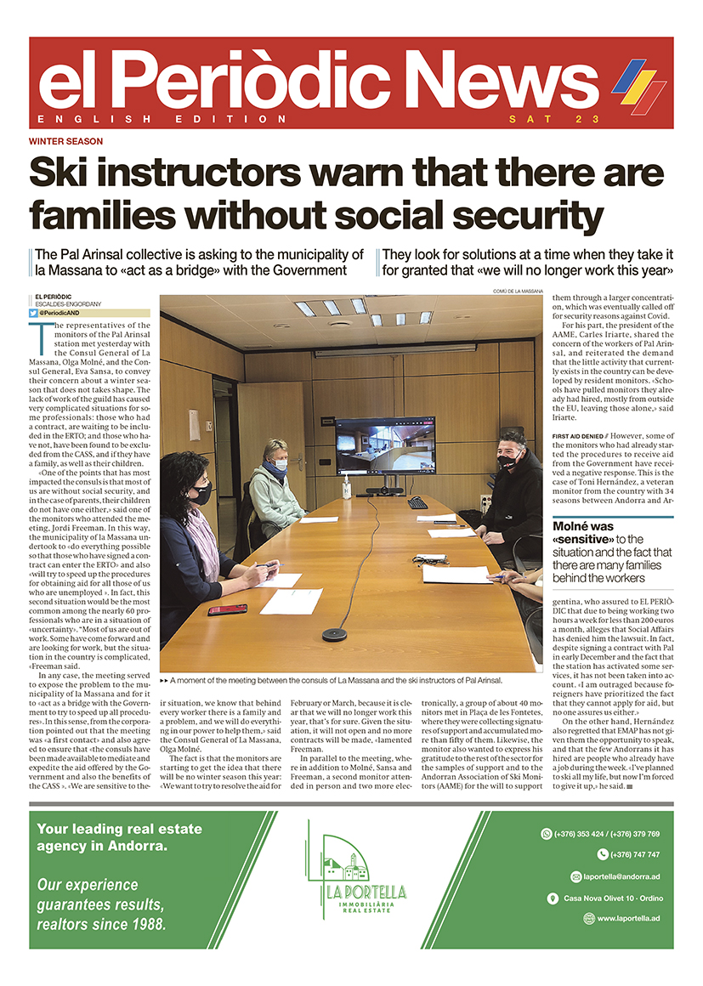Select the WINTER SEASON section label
coord(65,141)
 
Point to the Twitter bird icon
coord(33,313)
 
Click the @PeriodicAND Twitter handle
coord(61,313)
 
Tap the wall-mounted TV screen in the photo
coord(384,445)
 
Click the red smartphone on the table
coord(227,609)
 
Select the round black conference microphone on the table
coord(333,634)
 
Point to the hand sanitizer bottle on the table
coord(347,490)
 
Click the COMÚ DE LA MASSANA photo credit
coord(517,291)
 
